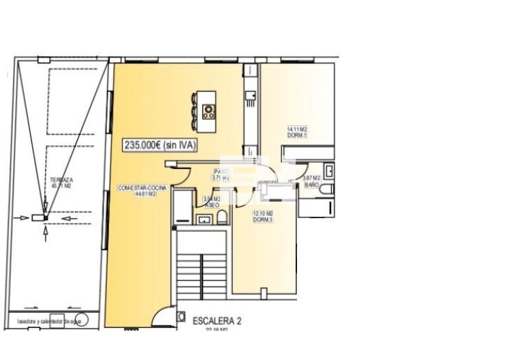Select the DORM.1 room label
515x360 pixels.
(297, 136)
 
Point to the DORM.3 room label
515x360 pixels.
(262, 220)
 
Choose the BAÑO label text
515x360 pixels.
(312, 185)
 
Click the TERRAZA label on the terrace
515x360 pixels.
(62, 179)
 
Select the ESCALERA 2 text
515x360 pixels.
(217, 320)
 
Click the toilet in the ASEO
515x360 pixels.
(221, 218)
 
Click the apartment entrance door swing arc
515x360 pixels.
(161, 317)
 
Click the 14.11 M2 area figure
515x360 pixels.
(297, 130)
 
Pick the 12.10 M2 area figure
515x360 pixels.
(262, 214)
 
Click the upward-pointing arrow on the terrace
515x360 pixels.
(46, 234)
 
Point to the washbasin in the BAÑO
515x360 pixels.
(329, 170)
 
